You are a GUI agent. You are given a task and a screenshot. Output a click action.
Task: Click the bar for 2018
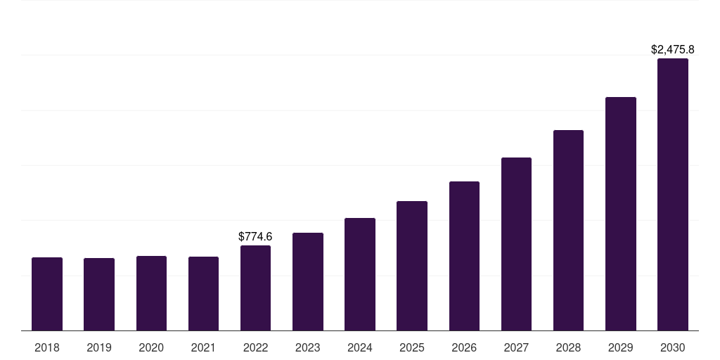pos(47,294)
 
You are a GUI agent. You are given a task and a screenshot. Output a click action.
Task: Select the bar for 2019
pos(99,295)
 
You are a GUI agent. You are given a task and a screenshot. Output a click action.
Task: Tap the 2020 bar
pos(152,293)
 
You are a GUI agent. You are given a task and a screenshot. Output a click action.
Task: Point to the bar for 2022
pos(255,288)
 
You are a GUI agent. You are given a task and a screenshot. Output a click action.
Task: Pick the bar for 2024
pos(360,274)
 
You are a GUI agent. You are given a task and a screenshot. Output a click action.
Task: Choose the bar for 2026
pos(464,256)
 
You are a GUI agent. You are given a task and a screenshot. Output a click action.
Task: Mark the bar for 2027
pos(516,244)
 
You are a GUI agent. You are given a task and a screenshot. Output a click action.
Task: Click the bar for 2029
pos(621,214)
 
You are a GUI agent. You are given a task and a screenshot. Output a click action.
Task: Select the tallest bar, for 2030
pos(673,195)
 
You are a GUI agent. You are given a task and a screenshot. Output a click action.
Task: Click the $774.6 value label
pos(255,236)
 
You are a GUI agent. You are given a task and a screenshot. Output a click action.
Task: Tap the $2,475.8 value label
pos(673,49)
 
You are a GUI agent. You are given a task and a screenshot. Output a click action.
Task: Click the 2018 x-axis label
pos(47,347)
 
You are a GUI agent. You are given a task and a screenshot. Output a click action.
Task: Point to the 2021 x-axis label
pos(203,347)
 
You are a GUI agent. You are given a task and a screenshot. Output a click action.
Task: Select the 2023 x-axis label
pos(308,347)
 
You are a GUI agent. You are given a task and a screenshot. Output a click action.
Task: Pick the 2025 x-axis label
pos(412,347)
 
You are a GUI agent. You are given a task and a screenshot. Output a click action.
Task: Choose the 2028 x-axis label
pos(568,347)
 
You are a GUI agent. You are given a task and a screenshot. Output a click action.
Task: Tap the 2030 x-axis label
pos(673,347)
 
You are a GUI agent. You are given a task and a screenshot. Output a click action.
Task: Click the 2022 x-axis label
pos(255,347)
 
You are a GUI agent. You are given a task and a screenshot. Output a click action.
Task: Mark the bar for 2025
pos(412,266)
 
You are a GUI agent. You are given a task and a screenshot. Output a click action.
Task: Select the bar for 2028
pos(568,231)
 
